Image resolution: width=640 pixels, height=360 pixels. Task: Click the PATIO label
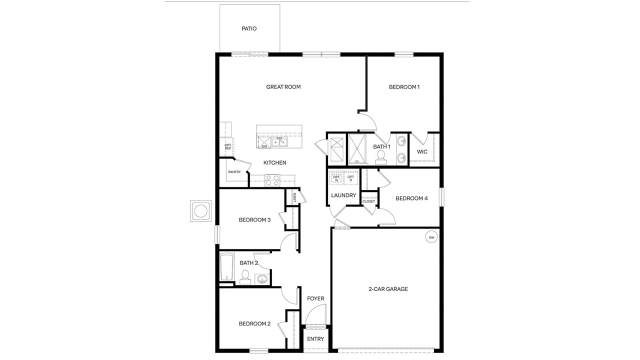[x=249, y=28]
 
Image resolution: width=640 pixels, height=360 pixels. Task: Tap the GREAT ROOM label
[x=283, y=87]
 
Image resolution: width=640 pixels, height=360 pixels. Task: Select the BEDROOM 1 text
[x=404, y=87]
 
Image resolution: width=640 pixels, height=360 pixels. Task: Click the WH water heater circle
[x=431, y=237]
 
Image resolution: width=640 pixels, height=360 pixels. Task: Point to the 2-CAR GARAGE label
[x=388, y=289]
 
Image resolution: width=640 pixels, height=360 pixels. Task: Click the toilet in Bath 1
[x=380, y=157]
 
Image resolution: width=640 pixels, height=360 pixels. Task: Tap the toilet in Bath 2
[x=244, y=277]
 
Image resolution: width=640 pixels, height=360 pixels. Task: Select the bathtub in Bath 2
[x=227, y=267]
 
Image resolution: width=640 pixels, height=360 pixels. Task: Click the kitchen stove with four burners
[x=272, y=180]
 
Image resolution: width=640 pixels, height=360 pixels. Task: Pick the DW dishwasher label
[x=264, y=146]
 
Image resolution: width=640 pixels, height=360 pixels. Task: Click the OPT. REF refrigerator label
[x=227, y=147]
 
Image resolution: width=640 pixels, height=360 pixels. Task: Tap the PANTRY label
[x=234, y=172]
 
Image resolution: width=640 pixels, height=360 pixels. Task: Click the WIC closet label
[x=422, y=151]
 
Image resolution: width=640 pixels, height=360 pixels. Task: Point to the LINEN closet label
[x=294, y=197]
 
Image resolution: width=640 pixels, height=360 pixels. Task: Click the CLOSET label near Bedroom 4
[x=368, y=201]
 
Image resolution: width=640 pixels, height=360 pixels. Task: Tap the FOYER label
[x=315, y=298]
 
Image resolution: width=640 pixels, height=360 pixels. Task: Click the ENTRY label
[x=315, y=339]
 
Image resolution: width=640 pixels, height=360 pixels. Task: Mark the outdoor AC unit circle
[x=201, y=211]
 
